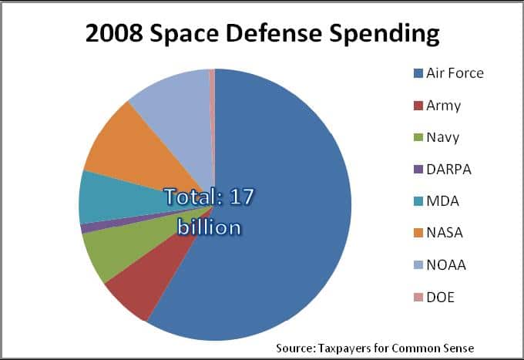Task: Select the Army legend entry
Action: (x=443, y=106)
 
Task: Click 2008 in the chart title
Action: (x=116, y=35)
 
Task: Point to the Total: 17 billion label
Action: (x=209, y=211)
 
